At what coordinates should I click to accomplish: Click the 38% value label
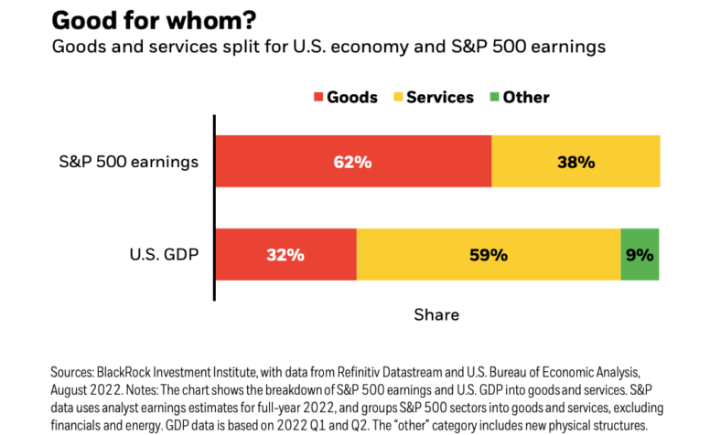click(576, 163)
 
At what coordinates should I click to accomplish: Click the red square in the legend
click(318, 97)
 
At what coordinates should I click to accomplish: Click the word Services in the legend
click(440, 97)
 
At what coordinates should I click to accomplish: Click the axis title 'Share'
click(436, 314)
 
